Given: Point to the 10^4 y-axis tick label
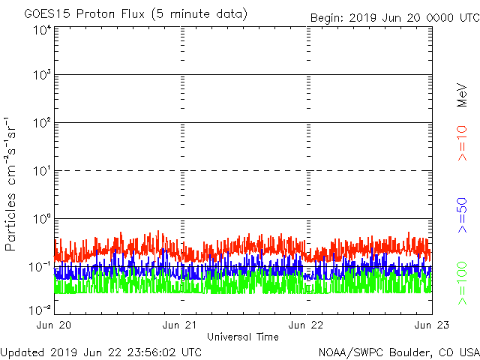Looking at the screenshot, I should point(42,29).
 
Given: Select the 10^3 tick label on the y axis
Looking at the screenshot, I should point(42,76).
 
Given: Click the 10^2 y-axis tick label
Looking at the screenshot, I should point(42,124).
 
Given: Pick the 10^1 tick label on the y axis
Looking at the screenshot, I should point(42,172).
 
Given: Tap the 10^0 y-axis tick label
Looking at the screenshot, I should point(42,219).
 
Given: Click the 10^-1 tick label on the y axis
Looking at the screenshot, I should point(40,267).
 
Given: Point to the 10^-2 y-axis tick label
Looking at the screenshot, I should point(40,309).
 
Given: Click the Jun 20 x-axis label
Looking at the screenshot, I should point(55,325).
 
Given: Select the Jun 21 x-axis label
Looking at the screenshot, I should point(181,325).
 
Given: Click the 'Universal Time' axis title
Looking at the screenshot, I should point(243,337).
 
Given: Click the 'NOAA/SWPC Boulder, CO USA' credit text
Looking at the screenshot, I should point(398,351).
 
